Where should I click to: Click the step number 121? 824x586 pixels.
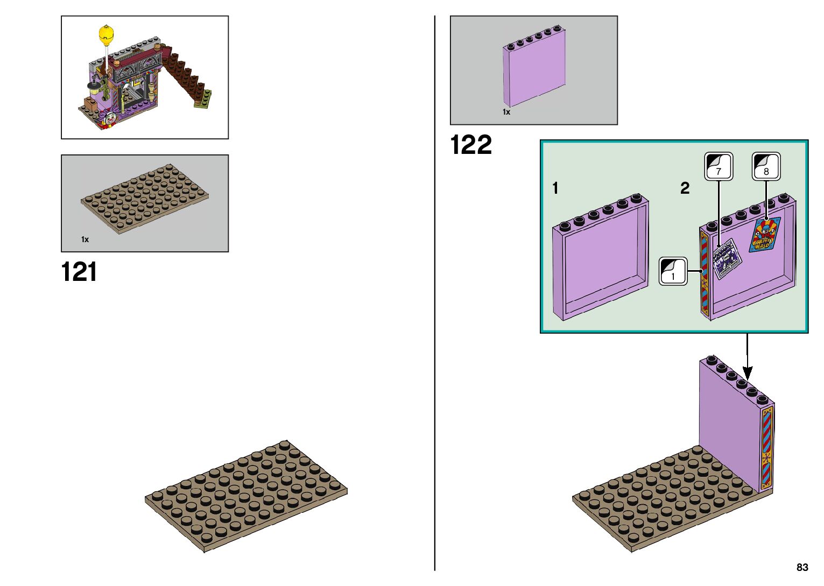[79, 272]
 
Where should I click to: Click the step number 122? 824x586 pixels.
[471, 145]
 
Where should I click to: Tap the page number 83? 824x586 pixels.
[802, 567]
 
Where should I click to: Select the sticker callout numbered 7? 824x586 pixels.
[719, 166]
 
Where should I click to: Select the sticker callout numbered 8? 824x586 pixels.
[766, 166]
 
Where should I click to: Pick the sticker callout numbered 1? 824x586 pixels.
[673, 271]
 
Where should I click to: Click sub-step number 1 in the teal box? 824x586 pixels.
[555, 188]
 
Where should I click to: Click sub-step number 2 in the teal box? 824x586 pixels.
[685, 188]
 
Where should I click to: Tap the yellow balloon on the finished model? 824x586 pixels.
[107, 34]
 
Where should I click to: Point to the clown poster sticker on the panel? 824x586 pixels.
[765, 235]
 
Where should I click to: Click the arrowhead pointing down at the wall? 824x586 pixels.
[748, 373]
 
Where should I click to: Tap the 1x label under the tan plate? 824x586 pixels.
[85, 239]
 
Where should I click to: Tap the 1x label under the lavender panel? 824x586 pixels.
[506, 112]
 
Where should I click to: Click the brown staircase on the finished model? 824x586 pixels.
[186, 75]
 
